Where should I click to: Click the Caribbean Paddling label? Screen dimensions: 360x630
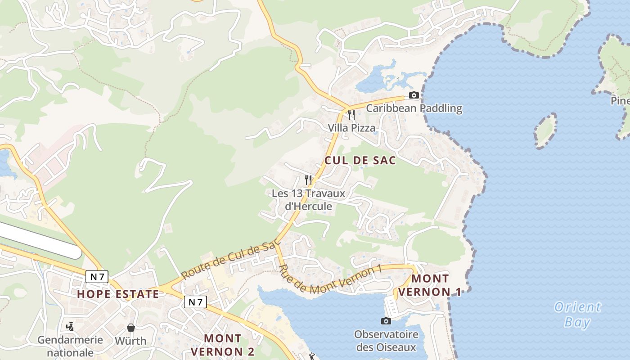tap(414, 108)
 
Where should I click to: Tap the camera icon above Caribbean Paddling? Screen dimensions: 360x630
tap(414, 95)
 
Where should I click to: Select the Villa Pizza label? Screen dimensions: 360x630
tap(351, 128)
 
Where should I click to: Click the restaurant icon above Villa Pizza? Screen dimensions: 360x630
tap(351, 115)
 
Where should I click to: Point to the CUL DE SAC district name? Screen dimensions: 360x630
tap(360, 160)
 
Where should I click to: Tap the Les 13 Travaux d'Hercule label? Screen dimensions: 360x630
tap(309, 200)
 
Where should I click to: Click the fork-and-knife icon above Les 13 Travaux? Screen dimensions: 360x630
tap(308, 180)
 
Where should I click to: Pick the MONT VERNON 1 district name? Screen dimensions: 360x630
tap(430, 285)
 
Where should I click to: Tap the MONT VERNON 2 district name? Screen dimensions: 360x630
tap(223, 344)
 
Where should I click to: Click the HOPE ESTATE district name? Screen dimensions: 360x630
tap(118, 294)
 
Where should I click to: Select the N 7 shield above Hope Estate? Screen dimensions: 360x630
tap(97, 276)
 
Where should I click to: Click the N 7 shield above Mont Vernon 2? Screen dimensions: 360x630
tap(195, 302)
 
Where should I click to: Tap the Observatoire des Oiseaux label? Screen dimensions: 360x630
tap(386, 341)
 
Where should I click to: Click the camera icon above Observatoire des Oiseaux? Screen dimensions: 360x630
tap(386, 321)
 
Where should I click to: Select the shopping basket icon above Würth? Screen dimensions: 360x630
tap(130, 327)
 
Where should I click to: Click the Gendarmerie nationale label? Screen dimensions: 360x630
tap(70, 346)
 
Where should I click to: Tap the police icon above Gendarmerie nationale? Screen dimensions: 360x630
tap(70, 326)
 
